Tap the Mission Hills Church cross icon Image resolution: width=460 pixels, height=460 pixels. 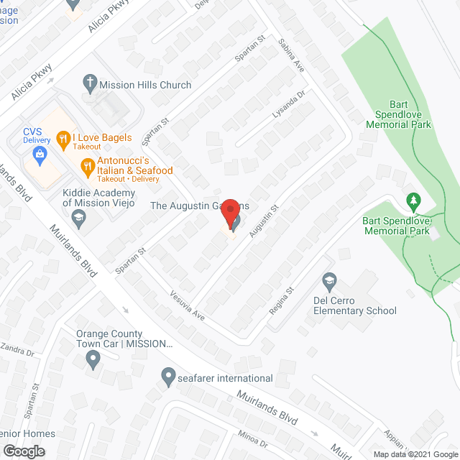click(x=89, y=84)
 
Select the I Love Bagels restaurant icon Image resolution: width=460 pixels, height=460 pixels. click(x=63, y=138)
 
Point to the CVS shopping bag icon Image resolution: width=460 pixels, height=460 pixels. click(x=40, y=152)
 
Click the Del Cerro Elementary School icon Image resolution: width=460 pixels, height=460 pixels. click(x=329, y=280)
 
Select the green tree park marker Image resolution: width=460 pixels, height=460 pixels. click(x=413, y=199)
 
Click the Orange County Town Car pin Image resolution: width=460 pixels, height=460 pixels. click(x=92, y=359)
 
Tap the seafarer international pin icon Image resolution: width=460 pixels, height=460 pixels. click(x=168, y=375)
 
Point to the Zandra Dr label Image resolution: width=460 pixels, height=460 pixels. click(x=17, y=351)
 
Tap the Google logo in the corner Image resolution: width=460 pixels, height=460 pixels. click(x=24, y=451)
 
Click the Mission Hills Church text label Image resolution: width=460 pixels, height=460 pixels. click(x=145, y=85)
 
